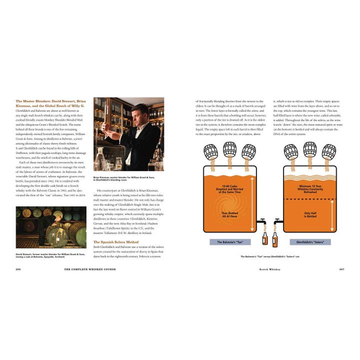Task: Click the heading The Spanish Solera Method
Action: coord(116,242)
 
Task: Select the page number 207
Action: coord(342,269)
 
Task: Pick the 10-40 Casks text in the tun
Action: coord(229,186)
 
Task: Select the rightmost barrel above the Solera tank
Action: coord(328,151)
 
